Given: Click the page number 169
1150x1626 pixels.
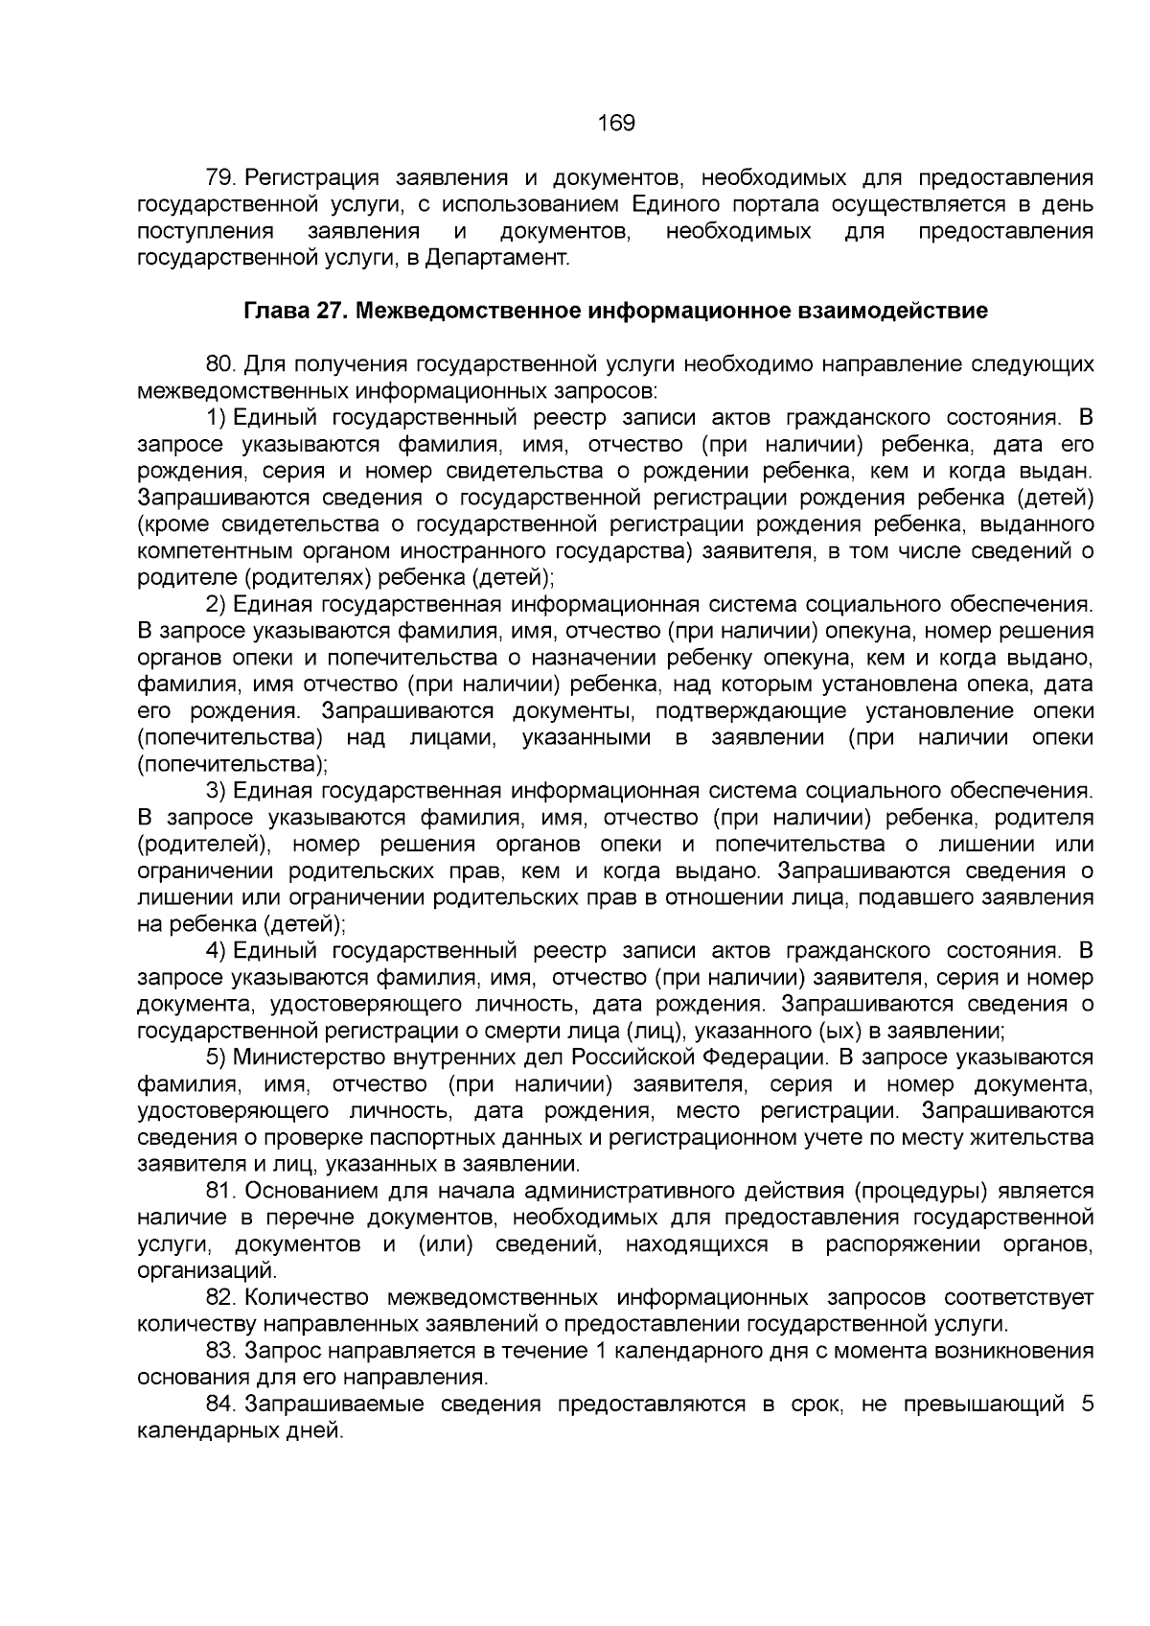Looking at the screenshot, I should tap(616, 124).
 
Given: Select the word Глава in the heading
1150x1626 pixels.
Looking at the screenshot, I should tap(274, 312).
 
